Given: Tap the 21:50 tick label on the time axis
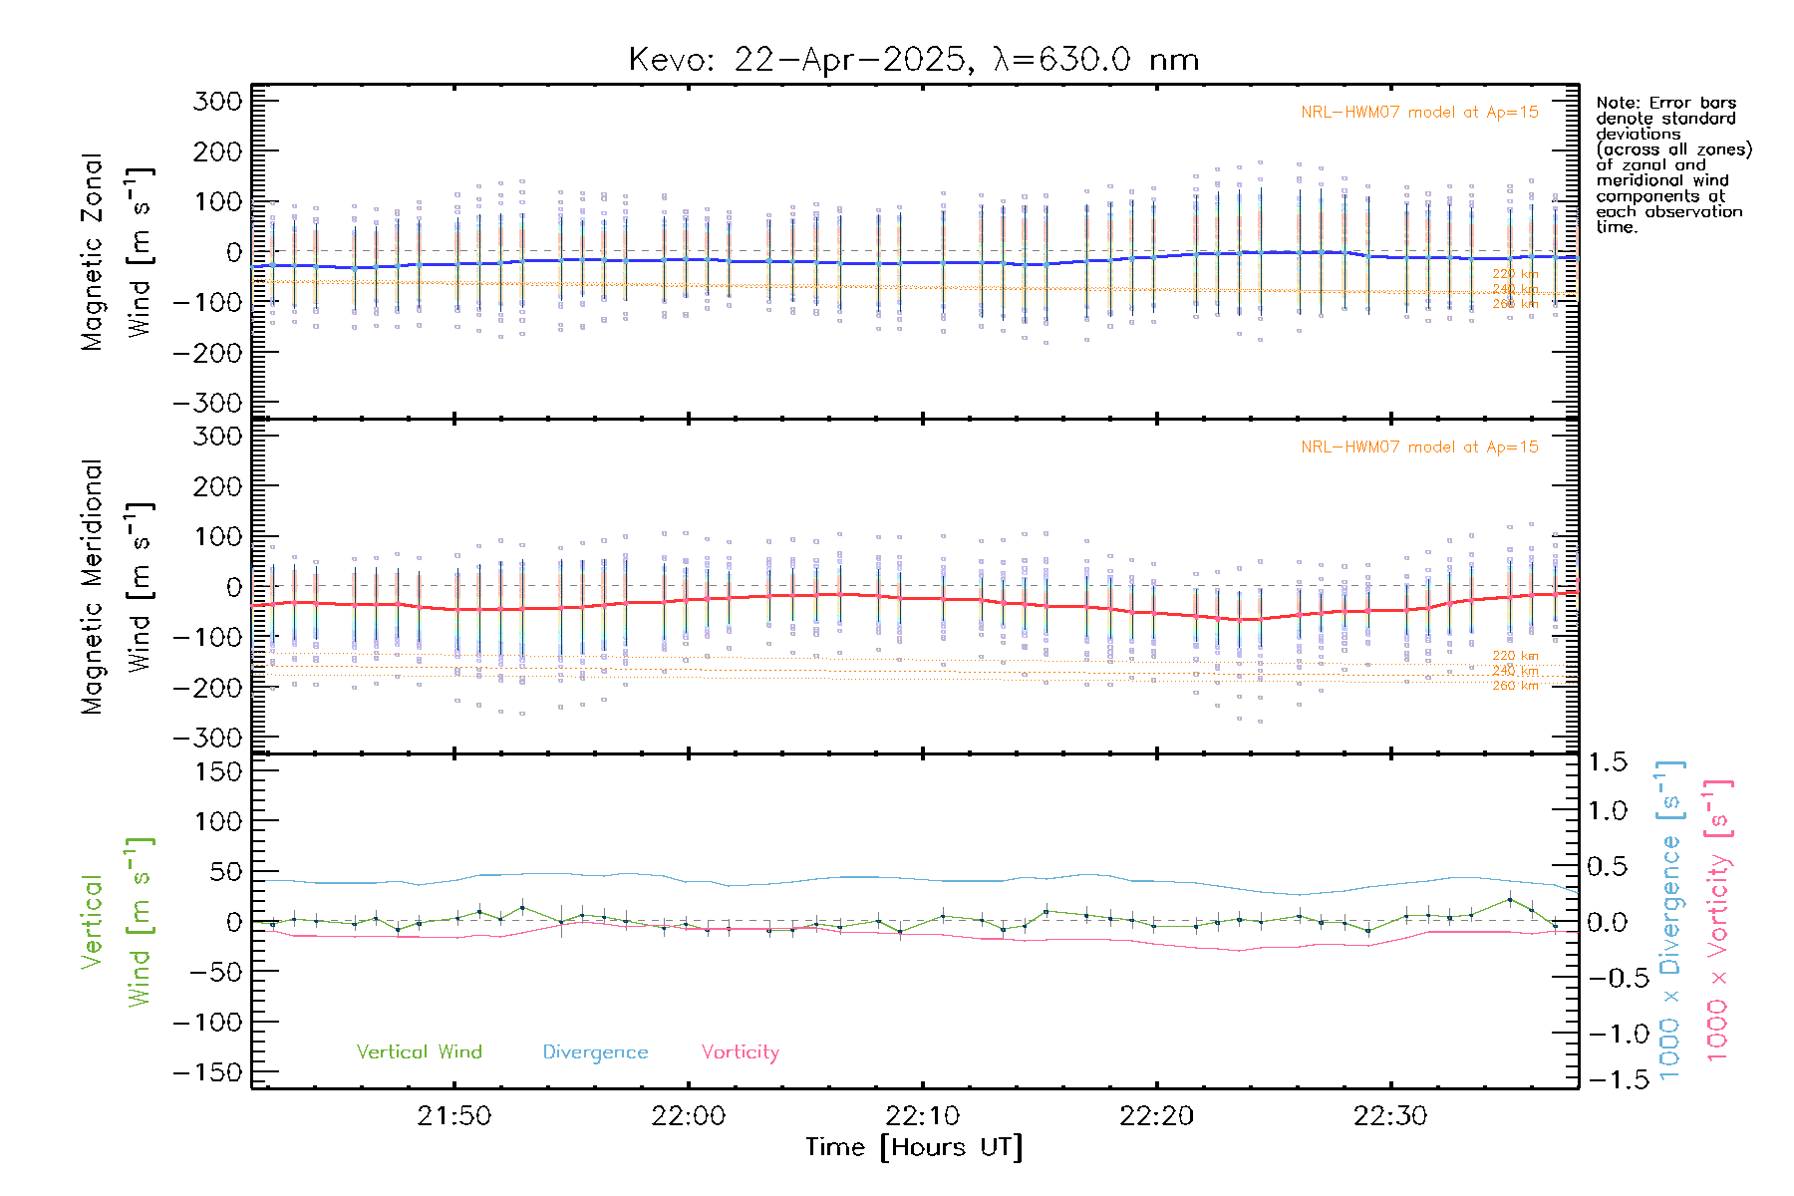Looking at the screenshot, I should click(x=454, y=1116).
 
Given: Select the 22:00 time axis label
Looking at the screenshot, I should click(x=689, y=1116).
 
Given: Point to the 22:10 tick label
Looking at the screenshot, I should click(x=923, y=1116).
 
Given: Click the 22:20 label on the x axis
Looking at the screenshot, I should click(x=1157, y=1116).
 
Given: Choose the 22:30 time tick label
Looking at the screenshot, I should click(x=1390, y=1116).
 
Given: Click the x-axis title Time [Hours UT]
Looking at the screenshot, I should click(x=914, y=1147).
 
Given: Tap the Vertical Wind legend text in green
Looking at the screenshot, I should click(x=419, y=1051).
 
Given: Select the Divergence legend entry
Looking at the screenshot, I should click(x=595, y=1052).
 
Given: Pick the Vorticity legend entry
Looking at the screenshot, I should click(x=740, y=1051).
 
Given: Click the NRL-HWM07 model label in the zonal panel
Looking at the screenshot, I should click(x=1419, y=113).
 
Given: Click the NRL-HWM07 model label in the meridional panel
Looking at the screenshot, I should click(x=1419, y=448).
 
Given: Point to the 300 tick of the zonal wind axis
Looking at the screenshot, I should click(x=217, y=101).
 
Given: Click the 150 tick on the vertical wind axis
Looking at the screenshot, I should click(x=217, y=771).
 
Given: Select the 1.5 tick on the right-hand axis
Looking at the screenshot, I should click(x=1608, y=762).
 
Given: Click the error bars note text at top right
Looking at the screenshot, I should click(x=1671, y=164).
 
